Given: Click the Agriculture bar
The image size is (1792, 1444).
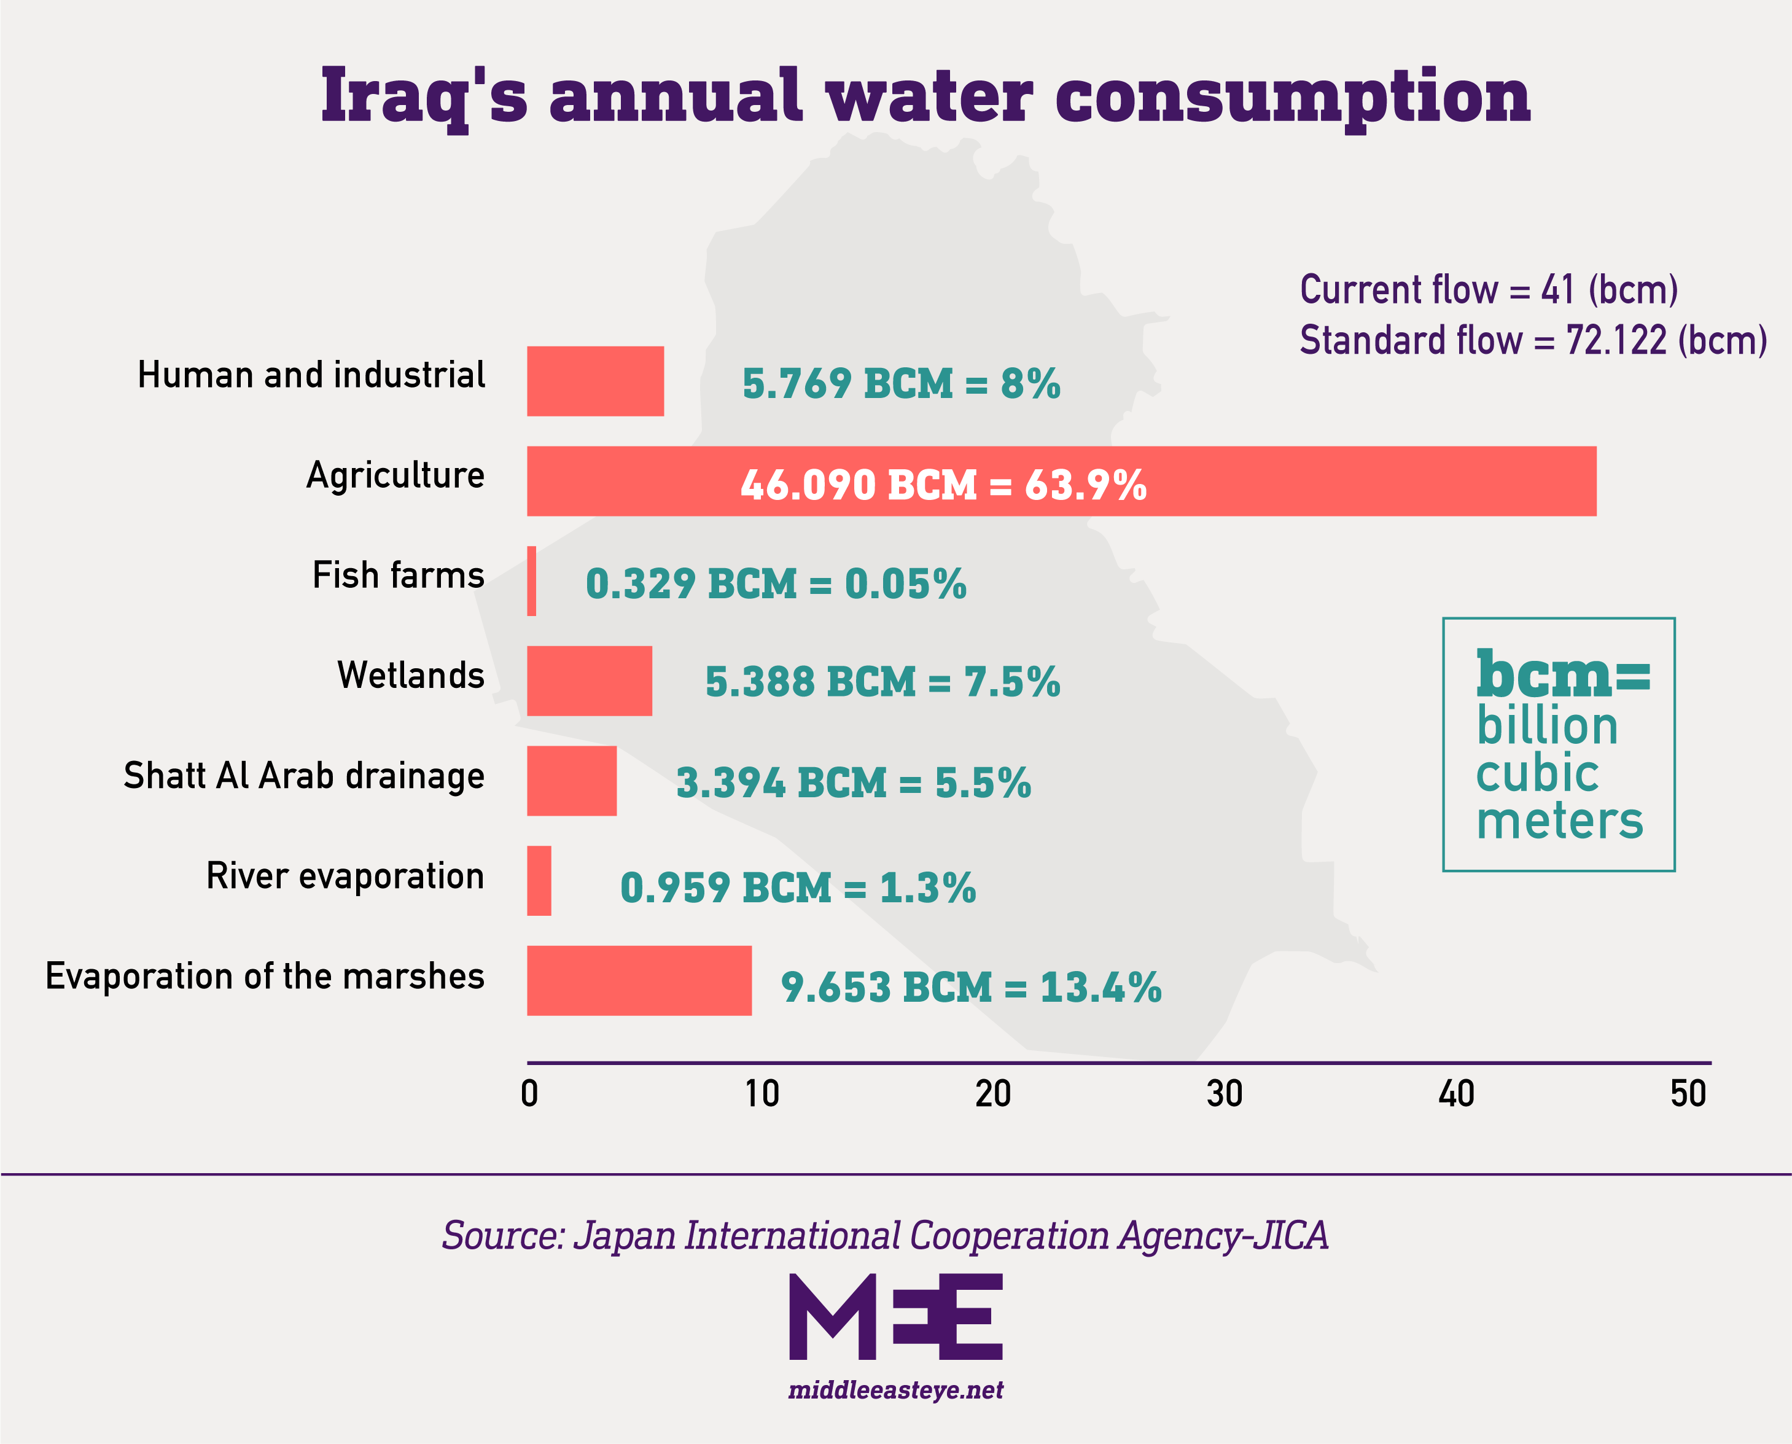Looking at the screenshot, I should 1061,481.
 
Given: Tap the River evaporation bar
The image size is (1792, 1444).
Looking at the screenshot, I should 539,881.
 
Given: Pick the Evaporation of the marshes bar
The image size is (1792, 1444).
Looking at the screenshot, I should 639,981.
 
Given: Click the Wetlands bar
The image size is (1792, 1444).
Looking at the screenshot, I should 589,681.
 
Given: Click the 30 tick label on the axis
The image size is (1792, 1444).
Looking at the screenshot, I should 1224,1094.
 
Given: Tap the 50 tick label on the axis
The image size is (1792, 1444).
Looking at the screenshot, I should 1688,1094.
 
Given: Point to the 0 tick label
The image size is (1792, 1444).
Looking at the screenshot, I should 530,1094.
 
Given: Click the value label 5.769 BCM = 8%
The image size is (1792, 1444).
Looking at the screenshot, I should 900,383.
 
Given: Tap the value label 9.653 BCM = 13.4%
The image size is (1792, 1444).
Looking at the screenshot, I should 970,988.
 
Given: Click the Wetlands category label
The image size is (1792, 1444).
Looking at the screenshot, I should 411,674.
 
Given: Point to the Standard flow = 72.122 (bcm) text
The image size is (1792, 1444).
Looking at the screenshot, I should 1533,340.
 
